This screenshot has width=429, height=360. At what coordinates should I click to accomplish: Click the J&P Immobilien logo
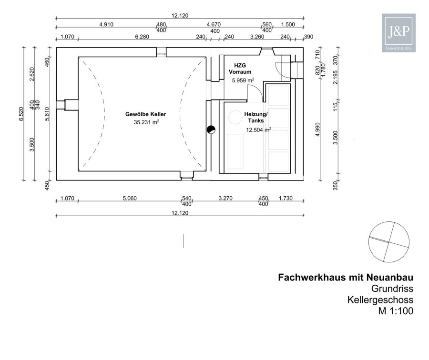tap(398, 33)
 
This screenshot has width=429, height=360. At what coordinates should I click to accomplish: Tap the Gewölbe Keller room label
tap(145, 114)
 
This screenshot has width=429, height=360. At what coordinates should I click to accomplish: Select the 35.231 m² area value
tap(146, 122)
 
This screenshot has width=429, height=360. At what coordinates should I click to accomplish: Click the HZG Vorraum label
tap(240, 69)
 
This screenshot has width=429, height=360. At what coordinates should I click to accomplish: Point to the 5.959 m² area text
tap(243, 80)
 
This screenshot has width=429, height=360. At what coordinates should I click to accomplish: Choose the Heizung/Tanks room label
tap(256, 117)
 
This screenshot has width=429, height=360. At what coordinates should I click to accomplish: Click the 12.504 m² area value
tap(258, 130)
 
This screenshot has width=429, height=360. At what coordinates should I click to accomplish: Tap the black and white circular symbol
tap(211, 130)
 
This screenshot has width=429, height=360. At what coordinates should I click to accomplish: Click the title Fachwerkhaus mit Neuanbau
tap(346, 277)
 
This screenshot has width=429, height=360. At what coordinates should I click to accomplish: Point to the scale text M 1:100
tap(396, 311)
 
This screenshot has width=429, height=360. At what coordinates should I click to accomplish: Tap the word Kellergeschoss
tap(380, 300)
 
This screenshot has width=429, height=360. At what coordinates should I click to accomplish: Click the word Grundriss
tap(392, 289)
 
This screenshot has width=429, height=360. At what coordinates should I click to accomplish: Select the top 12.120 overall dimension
tap(180, 16)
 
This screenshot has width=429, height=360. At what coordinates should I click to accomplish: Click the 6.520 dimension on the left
tap(21, 114)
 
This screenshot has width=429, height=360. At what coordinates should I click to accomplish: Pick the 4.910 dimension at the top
tap(106, 24)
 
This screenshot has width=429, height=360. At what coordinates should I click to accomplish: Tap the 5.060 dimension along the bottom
tap(129, 198)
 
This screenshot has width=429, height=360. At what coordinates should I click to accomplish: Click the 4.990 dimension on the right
tap(317, 130)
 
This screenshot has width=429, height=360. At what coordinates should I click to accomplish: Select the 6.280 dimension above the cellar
tap(142, 37)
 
